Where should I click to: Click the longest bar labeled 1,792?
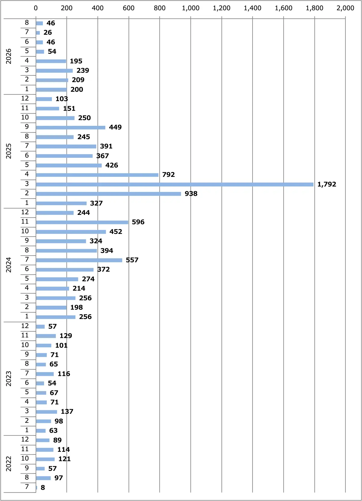[175, 184]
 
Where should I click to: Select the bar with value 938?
[108, 194]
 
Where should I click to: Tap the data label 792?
[168, 174]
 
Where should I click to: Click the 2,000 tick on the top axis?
[345, 8]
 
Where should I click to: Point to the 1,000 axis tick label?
[191, 8]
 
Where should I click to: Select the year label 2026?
[8, 56]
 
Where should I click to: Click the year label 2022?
[8, 464]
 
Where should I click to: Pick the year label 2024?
[8, 265]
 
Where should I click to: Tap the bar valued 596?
[82, 222]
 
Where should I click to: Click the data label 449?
[115, 127]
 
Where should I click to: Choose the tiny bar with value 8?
[37, 488]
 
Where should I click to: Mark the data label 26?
[48, 32]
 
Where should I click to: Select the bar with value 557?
[79, 260]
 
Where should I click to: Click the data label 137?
[67, 411]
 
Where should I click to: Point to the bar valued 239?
[54, 71]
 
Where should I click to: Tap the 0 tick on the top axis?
[36, 8]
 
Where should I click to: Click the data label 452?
[116, 231]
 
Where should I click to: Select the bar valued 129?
[46, 336]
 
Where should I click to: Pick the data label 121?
[64, 459]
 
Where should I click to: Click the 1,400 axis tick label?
[252, 8]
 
